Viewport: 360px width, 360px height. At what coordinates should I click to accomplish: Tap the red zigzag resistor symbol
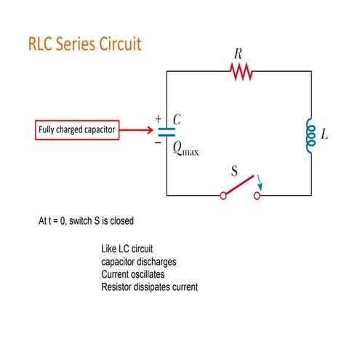point(240,71)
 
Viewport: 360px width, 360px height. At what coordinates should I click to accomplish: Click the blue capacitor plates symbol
point(167,132)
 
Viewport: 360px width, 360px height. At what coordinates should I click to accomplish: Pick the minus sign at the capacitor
point(157,144)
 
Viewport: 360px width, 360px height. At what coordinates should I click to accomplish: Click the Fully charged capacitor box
point(76,131)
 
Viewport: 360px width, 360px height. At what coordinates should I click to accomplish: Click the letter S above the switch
point(235,172)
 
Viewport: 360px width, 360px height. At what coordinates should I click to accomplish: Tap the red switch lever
point(239,188)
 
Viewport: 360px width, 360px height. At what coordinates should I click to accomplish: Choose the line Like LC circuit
point(127,249)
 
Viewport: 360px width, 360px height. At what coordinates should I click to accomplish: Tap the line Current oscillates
point(133,274)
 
